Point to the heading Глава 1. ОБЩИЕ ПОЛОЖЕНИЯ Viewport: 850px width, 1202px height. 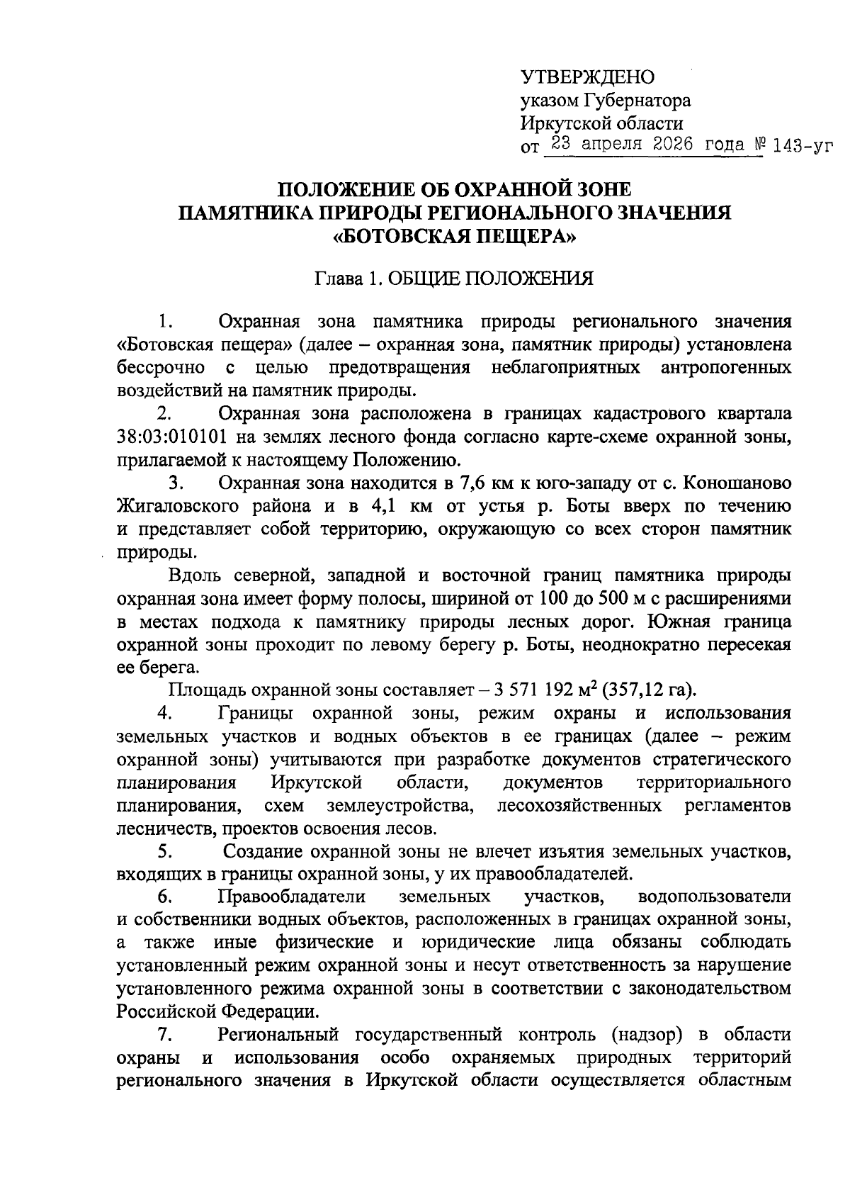tap(454, 279)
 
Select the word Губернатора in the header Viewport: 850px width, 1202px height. tap(636, 100)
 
